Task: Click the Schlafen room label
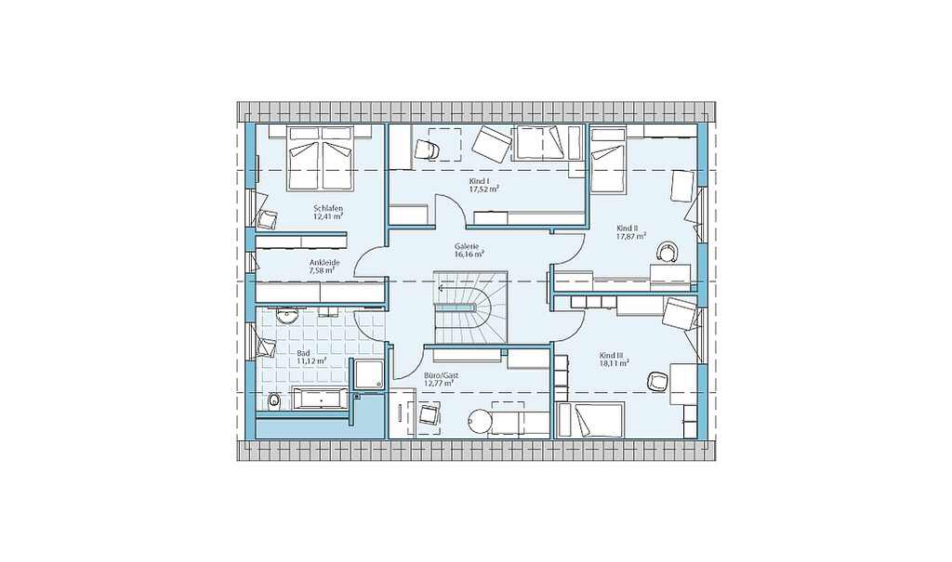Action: tap(328, 208)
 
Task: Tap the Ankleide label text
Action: tap(324, 262)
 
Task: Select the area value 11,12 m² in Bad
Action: tap(312, 360)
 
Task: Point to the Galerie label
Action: tap(467, 246)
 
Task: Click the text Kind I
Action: tap(479, 181)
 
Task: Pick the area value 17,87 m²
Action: tap(631, 236)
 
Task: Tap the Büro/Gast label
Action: tap(442, 375)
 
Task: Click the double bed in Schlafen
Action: tap(321, 159)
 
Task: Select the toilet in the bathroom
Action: tap(274, 400)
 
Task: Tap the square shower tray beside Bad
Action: tap(369, 373)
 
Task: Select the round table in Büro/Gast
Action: tap(480, 420)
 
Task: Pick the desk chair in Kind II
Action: tap(667, 251)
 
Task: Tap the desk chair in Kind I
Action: tap(427, 148)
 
